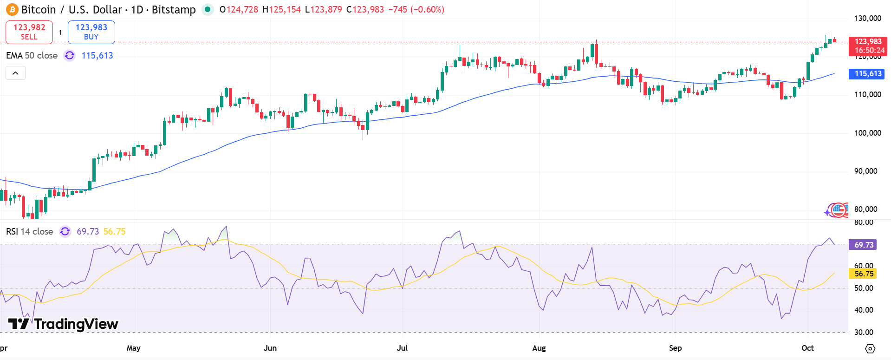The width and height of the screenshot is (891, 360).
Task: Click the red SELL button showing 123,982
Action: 29,32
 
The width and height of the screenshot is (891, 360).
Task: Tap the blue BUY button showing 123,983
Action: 91,32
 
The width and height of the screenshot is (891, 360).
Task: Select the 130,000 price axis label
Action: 867,18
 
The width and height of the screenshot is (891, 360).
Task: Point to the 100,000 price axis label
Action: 867,133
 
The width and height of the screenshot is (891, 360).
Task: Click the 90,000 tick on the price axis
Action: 865,171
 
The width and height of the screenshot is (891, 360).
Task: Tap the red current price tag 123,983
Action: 868,46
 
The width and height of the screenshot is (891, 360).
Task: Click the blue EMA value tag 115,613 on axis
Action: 866,73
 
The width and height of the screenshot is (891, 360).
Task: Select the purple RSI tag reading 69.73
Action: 863,245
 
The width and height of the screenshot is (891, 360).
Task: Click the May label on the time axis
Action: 133,348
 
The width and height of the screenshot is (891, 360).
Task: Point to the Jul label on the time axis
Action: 402,348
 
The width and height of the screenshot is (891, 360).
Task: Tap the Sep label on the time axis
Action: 675,348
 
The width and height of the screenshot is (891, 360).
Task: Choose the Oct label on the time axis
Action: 807,348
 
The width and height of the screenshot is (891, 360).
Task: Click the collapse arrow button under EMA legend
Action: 15,73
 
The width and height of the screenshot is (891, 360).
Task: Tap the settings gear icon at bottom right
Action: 870,348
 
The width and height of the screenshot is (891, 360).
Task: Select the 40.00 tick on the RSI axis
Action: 864,310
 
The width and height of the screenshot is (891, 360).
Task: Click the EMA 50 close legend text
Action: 32,56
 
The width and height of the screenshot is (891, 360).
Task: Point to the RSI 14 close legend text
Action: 29,231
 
